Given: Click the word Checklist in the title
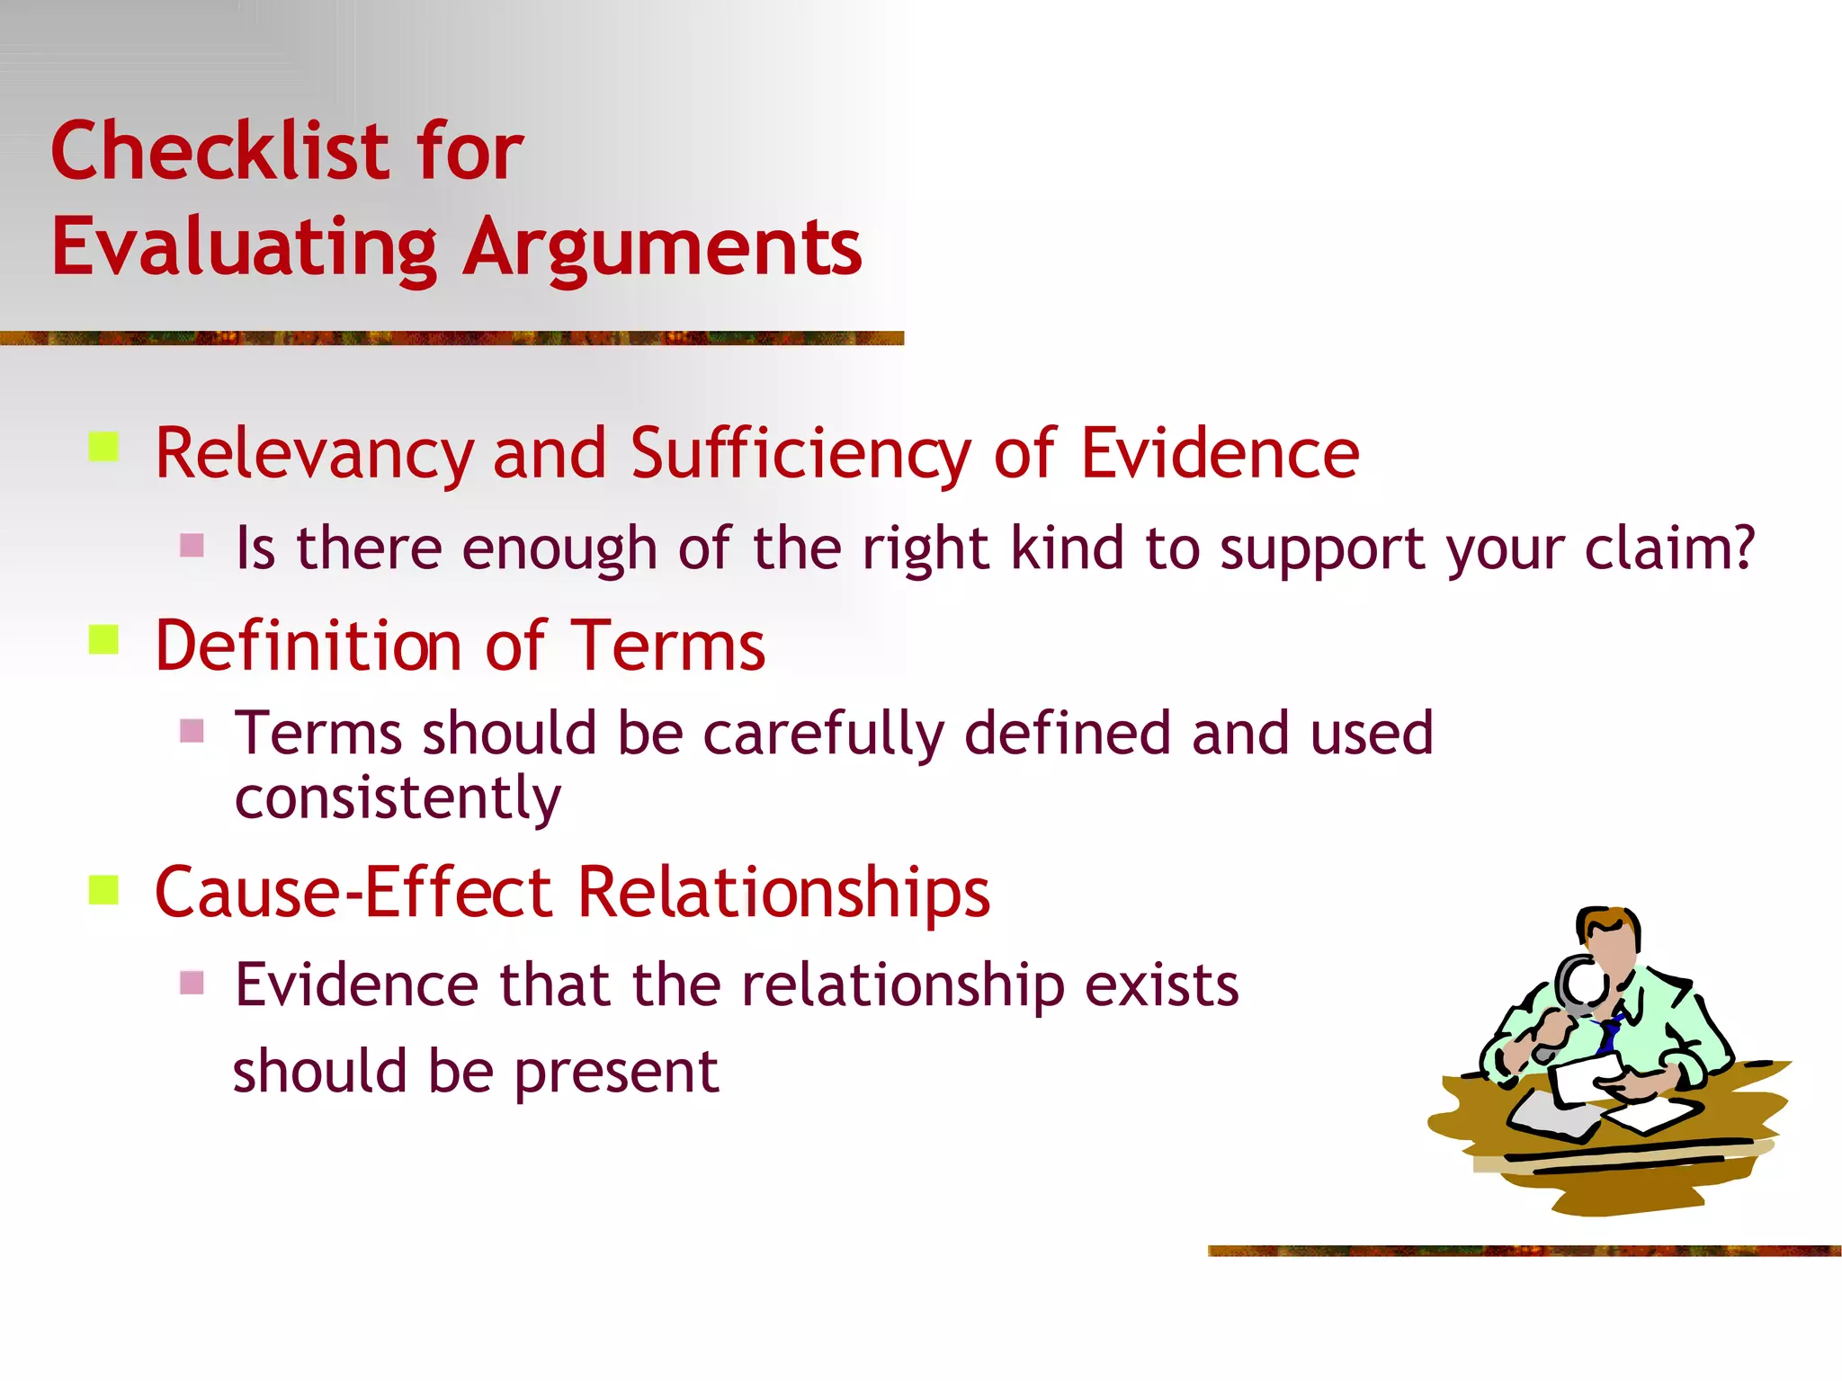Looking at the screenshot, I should [221, 150].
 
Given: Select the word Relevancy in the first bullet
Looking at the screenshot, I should [314, 454].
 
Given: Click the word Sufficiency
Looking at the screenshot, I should [800, 454].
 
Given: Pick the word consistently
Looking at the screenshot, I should [398, 797].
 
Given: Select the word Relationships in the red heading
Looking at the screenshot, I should [783, 893].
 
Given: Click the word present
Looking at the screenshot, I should [616, 1072].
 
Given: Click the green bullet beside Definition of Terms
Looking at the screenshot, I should [104, 640].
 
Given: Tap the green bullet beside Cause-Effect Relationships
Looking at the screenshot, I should [104, 889].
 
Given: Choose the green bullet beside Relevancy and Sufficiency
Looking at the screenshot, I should [104, 447].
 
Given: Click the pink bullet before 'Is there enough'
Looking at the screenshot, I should [192, 545].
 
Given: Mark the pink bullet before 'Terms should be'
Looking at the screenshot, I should [192, 730].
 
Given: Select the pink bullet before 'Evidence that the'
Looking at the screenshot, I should [192, 982].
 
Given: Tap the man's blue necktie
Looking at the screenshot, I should [1609, 1034].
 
